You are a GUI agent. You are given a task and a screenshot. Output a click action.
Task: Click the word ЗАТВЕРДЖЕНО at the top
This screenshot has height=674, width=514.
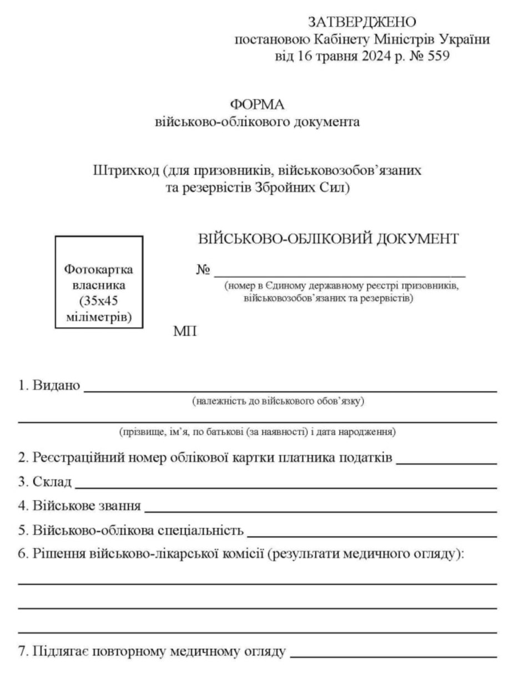point(362,23)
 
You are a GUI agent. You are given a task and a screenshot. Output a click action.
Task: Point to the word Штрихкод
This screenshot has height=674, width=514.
point(125,170)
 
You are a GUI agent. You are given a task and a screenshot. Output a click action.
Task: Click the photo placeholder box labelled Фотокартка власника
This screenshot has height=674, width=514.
point(99,282)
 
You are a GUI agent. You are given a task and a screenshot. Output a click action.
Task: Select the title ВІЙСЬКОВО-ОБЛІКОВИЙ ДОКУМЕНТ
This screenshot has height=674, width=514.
point(328,239)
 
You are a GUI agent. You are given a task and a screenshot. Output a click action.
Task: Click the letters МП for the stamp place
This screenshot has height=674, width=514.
point(185,332)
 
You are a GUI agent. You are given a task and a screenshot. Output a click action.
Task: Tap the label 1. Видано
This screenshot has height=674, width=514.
point(49,385)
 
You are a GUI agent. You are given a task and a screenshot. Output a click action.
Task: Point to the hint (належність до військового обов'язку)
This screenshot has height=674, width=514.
point(278,401)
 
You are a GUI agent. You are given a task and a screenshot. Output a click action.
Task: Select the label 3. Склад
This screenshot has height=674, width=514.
point(45,482)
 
